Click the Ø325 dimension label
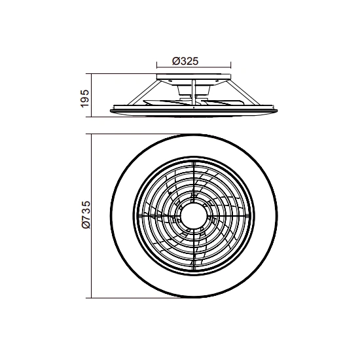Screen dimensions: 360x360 pyautogui.click(x=185, y=61)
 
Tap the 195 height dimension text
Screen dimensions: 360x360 pyautogui.click(x=84, y=98)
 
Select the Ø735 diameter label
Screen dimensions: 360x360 pyautogui.click(x=86, y=215)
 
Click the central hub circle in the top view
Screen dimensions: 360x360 pyautogui.click(x=194, y=216)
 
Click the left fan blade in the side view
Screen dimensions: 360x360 pyautogui.click(x=166, y=103)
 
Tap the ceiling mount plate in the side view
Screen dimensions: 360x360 pyautogui.click(x=194, y=77)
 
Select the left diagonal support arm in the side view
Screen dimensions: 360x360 pyautogui.click(x=144, y=92)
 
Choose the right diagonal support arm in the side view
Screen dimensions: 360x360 pyautogui.click(x=243, y=92)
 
